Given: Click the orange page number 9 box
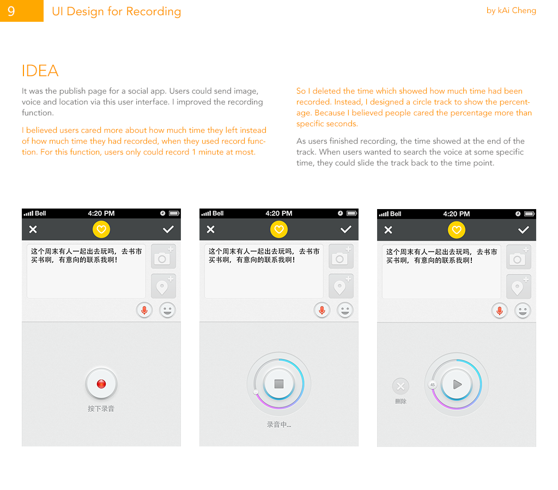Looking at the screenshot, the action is coord(22,11).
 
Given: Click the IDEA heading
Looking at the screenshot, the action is coord(40,71).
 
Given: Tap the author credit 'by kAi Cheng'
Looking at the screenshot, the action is coord(511,11).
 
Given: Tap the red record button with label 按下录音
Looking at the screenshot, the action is coord(101,384).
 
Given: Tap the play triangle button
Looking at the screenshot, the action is coord(457,384).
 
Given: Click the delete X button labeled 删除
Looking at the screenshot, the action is coord(401,386).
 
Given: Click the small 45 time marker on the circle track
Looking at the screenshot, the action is coord(432,385).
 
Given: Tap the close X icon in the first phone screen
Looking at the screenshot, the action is coord(33,229).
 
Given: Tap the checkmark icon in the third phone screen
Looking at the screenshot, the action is coord(523,230).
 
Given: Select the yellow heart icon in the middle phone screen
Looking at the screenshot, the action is coord(279,229).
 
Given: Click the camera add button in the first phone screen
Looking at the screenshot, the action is coord(163,256).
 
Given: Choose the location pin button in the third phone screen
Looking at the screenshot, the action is coord(519,286).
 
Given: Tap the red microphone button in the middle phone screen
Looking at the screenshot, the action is coord(322,310).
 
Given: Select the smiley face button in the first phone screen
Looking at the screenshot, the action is coord(167,310).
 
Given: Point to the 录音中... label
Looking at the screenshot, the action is coord(279,425).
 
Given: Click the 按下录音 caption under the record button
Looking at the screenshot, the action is coord(101,408).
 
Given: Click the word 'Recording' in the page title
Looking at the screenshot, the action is coord(153,12).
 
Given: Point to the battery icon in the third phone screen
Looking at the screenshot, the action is coord(529,214).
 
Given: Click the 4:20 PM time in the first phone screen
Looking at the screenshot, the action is coord(101,213).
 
